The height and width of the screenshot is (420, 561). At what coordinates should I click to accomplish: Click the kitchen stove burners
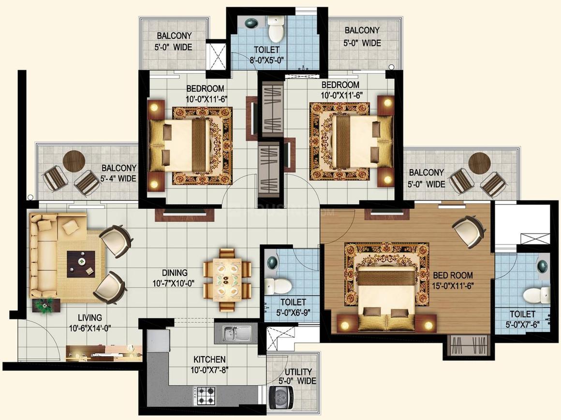(x=207, y=395)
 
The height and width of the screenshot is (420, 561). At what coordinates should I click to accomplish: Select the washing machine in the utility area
(x=281, y=397)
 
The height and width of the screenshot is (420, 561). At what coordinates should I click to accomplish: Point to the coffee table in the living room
(x=81, y=264)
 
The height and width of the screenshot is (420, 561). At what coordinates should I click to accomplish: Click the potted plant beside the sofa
(x=44, y=305)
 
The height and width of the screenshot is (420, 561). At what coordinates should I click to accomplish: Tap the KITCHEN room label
(x=209, y=359)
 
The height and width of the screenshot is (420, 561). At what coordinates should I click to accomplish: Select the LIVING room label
(x=90, y=318)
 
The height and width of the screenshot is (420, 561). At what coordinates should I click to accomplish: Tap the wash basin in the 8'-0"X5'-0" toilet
(x=251, y=23)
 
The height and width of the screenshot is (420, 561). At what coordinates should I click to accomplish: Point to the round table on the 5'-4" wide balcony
(x=74, y=161)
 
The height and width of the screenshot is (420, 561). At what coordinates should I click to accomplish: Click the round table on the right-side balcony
(x=479, y=163)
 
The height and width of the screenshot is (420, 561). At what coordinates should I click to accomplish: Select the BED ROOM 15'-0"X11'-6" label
(x=453, y=280)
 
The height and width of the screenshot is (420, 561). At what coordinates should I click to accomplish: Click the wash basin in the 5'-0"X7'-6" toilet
(x=543, y=266)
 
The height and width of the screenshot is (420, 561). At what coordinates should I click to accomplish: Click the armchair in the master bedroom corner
(x=470, y=230)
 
